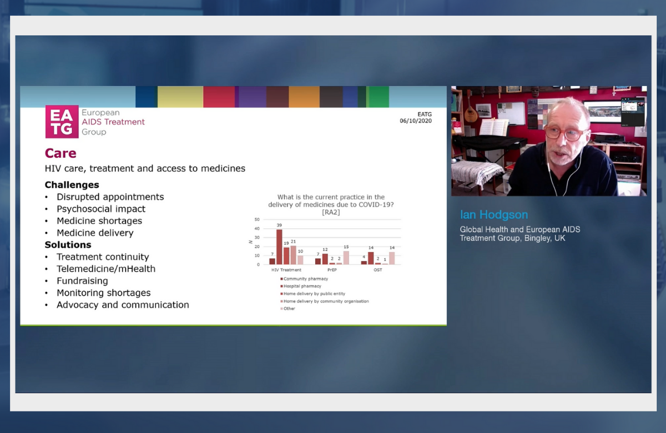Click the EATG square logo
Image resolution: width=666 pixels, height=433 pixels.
coord(62,122)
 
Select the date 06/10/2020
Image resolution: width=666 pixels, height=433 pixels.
coord(415,121)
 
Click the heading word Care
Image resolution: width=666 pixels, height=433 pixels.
coord(60,153)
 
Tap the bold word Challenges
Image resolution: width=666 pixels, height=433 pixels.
coord(72,185)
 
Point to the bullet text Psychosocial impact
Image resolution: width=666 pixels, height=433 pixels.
coord(101,209)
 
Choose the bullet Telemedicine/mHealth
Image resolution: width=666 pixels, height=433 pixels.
coord(106,269)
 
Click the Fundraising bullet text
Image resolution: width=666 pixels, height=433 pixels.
coord(82,281)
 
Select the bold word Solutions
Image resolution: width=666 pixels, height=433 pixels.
coord(68,245)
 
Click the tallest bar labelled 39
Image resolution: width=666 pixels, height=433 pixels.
coord(279,247)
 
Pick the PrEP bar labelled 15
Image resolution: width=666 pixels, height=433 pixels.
coord(346,258)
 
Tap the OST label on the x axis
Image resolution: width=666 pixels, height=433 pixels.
coord(377,270)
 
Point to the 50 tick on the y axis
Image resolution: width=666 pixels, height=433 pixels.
coord(257,219)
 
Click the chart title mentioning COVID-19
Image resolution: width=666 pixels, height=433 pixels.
coord(331,204)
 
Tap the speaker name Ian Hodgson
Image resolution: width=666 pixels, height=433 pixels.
coord(494,215)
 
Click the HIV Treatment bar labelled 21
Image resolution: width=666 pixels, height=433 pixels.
coord(293,255)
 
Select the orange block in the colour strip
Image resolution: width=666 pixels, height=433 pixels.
coord(304,97)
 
